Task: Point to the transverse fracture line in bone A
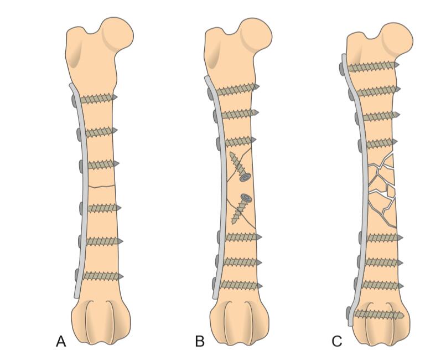103,186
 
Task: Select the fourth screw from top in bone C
380,143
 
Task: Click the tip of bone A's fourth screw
118,208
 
